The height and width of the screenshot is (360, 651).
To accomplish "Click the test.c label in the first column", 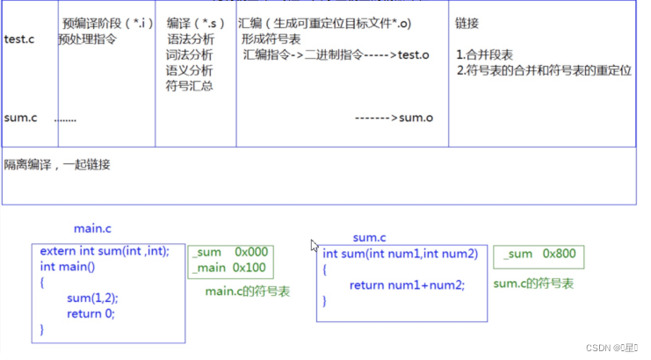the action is tap(19, 39).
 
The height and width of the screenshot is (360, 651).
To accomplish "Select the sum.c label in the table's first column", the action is tap(20, 118).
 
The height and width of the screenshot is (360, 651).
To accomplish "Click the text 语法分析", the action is tap(189, 39).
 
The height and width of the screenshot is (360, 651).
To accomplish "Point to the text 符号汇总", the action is tap(189, 86).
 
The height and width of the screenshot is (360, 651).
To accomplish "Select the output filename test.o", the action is tap(413, 54).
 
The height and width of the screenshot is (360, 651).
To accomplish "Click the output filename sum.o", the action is tap(416, 118).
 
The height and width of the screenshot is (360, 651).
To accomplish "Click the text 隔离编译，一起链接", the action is tap(57, 165).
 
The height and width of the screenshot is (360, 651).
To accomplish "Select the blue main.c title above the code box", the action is tap(92, 229).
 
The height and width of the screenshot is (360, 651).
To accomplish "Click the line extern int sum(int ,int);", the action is tap(105, 251).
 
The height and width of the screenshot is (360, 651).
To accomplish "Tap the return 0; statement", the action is tap(90, 313).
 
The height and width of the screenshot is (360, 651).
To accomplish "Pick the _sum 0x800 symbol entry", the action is tap(539, 254).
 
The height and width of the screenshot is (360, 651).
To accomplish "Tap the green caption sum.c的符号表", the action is tap(533, 284).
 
